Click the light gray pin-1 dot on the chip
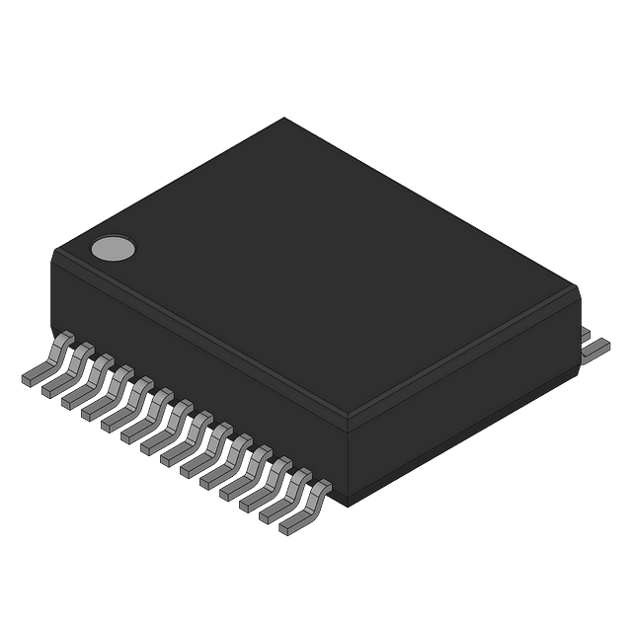(112, 249)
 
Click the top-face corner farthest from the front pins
(286, 118)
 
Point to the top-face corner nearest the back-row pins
(577, 287)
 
